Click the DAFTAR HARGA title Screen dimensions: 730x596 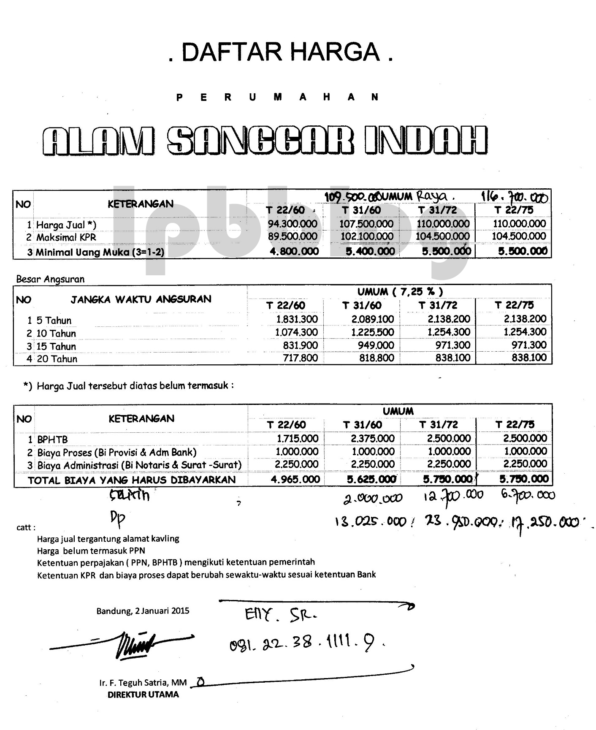[x=281, y=52]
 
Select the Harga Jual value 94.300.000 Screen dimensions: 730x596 [x=293, y=224]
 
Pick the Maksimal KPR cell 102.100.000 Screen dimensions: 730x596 [x=367, y=236]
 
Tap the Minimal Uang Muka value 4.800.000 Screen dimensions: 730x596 [x=294, y=252]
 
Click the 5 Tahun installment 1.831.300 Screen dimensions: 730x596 [x=296, y=319]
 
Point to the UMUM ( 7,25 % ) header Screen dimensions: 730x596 [x=400, y=292]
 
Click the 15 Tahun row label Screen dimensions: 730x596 [x=56, y=347]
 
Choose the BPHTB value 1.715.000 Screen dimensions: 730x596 [x=297, y=439]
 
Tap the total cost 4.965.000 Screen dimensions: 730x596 [x=295, y=480]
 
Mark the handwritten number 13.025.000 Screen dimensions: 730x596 [x=370, y=522]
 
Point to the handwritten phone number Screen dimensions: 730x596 [x=306, y=643]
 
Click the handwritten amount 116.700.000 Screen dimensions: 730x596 [x=515, y=197]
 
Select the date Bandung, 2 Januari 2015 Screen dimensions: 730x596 [x=143, y=611]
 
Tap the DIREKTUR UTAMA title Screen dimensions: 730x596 [x=143, y=695]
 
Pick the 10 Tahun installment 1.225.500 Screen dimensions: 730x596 [x=373, y=332]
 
